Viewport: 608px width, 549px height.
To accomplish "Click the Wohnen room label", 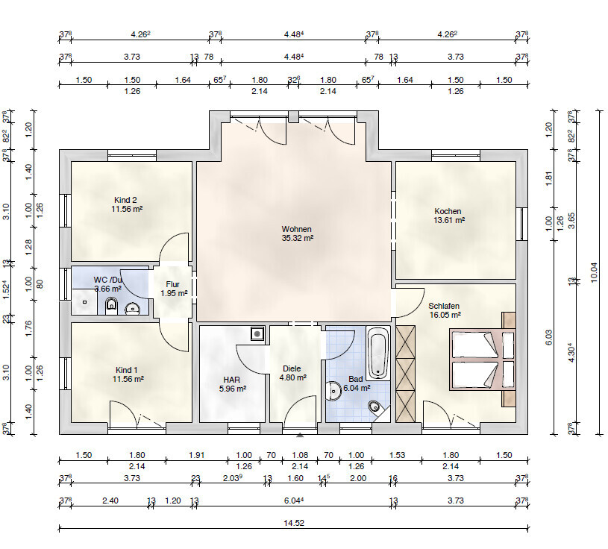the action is [297, 229].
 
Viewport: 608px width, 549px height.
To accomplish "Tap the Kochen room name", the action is [448, 211].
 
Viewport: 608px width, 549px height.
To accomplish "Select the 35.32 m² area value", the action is [298, 238].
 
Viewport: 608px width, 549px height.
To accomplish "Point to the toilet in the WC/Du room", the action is [111, 307].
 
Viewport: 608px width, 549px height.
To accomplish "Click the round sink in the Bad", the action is [333, 391].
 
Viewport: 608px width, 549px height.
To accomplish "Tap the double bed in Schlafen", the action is [482, 359].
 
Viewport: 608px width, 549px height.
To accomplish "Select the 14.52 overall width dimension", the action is [294, 523].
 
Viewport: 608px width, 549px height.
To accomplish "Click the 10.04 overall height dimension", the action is [595, 272].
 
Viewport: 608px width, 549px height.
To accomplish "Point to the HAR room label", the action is [231, 380].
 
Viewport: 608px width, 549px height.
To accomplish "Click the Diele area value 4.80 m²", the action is [293, 377].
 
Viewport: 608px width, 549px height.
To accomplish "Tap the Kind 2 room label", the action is [125, 200].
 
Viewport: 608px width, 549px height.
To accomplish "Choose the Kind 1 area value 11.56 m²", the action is [128, 379].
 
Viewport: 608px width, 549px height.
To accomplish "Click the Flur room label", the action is [172, 285].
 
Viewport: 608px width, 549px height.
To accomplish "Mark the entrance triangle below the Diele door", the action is [300, 436].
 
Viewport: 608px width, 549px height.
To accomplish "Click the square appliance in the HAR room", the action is [257, 333].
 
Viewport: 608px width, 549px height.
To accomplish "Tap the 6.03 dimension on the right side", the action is [548, 337].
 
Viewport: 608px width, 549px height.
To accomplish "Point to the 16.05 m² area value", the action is [445, 315].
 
